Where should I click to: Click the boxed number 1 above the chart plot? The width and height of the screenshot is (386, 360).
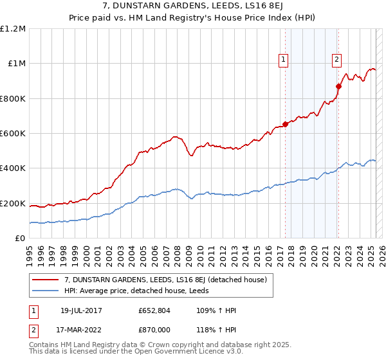coord(284,60)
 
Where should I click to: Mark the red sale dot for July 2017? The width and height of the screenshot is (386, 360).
coord(285,124)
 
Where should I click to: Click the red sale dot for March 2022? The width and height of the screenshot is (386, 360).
coord(338,86)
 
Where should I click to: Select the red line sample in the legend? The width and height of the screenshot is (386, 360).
coord(46,280)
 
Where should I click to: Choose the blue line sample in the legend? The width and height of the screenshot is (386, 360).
coord(46,291)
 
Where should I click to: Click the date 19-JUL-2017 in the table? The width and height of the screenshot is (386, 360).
coord(78,311)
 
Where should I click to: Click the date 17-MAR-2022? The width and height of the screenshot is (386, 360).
coord(78,330)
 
